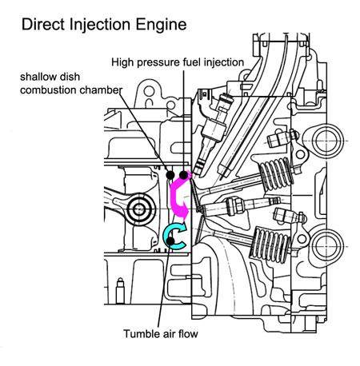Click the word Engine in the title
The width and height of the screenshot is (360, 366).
(x=161, y=26)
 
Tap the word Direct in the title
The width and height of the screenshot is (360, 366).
(x=43, y=24)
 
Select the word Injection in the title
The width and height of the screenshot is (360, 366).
(x=100, y=25)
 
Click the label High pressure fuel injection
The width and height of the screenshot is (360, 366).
(x=178, y=62)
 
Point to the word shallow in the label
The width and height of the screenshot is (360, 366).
(x=36, y=77)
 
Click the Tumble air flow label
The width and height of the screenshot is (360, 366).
(x=161, y=333)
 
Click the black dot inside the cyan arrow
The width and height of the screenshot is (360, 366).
(x=170, y=241)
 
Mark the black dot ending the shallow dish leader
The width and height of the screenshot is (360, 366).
(x=170, y=175)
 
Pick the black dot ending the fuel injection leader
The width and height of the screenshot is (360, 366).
(x=183, y=175)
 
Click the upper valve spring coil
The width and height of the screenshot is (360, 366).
(x=276, y=173)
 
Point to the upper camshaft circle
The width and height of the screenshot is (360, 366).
(x=327, y=141)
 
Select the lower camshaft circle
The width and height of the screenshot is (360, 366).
(x=327, y=246)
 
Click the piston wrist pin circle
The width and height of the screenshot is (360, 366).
(x=138, y=209)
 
